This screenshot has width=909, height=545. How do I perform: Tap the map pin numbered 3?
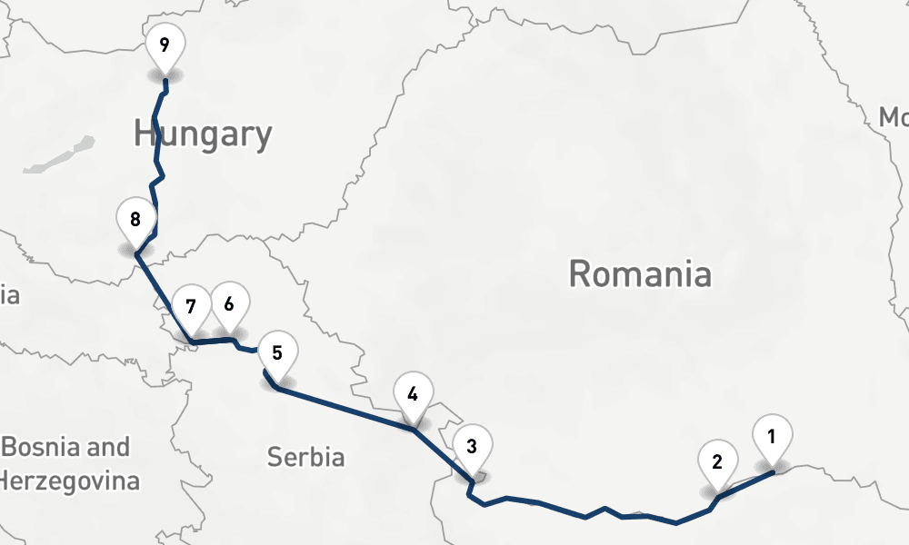pos(471,448)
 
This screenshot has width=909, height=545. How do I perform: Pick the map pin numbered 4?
pos(413,396)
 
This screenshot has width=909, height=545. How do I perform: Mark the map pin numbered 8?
pos(135,221)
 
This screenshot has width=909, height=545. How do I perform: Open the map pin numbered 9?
pos(164,46)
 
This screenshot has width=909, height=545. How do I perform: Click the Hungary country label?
pos(203,134)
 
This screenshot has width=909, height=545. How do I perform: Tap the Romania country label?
pos(640,272)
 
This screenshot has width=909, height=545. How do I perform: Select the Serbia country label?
pos(305,457)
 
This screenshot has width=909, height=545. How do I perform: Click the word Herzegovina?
pos(71,480)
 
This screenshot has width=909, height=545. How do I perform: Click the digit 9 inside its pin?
pos(164,45)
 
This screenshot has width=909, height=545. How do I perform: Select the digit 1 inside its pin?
pos(772,435)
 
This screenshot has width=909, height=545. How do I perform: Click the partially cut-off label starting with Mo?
pos(893,117)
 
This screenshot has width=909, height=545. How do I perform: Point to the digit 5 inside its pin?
pos(277,352)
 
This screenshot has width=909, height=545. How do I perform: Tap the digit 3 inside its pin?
pos(471,446)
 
